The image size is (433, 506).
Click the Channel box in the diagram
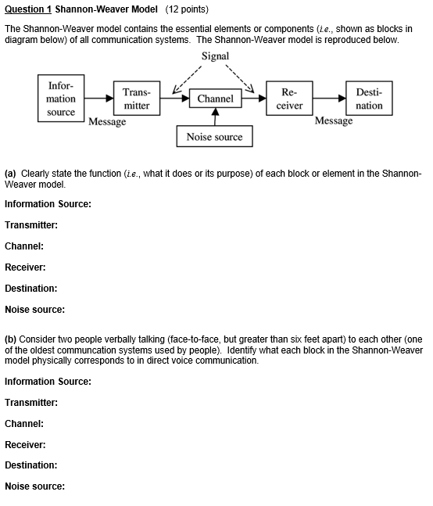pyautogui.click(x=216, y=99)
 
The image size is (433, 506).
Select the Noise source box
pyautogui.click(x=214, y=137)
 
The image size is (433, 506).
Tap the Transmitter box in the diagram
pyautogui.click(x=137, y=99)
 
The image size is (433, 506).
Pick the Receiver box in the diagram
pyautogui.click(x=290, y=99)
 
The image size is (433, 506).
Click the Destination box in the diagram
pyautogui.click(x=369, y=99)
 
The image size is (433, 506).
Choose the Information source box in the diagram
pyautogui.click(x=61, y=99)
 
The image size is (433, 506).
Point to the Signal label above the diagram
pyautogui.click(x=215, y=56)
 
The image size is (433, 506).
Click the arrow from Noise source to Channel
pyautogui.click(x=216, y=117)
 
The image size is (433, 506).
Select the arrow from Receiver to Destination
pyautogui.click(x=329, y=99)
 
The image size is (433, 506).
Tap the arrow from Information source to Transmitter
pyautogui.click(x=98, y=99)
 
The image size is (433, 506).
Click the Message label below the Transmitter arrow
pyautogui.click(x=107, y=122)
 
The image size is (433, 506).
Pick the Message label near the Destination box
pyautogui.click(x=334, y=121)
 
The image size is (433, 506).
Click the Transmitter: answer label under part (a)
pyautogui.click(x=31, y=225)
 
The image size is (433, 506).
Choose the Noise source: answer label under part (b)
pyautogui.click(x=34, y=486)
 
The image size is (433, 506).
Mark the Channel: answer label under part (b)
pyautogui.click(x=23, y=424)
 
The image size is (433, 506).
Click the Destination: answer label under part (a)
pyautogui.click(x=30, y=289)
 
